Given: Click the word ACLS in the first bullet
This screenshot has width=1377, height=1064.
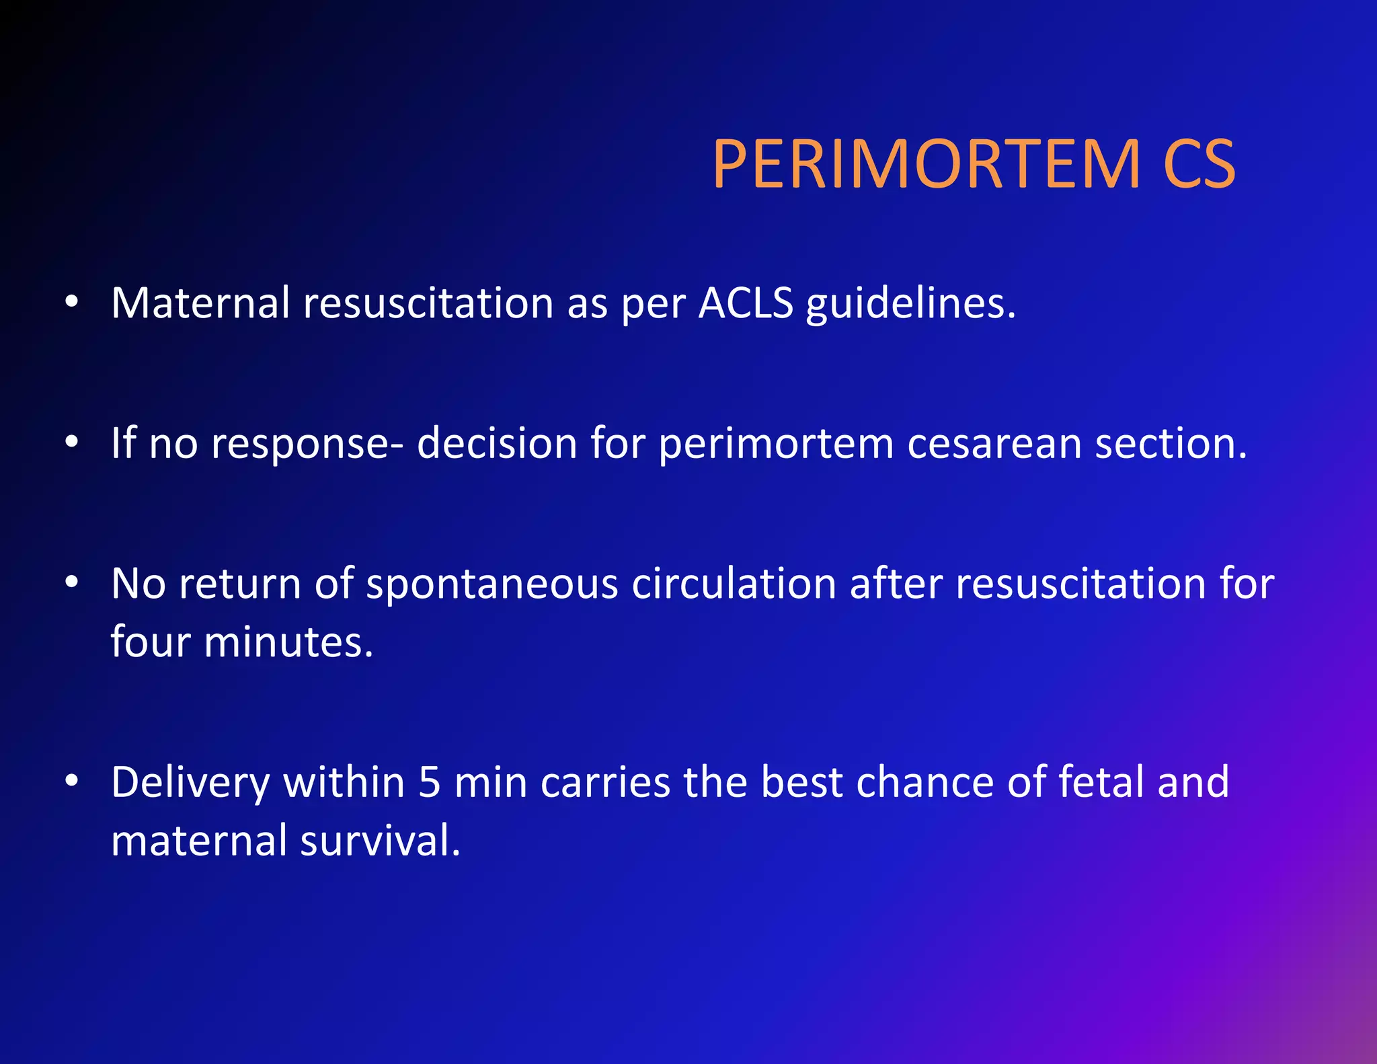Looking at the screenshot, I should (x=746, y=303).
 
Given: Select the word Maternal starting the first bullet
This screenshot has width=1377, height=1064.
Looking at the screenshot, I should (x=200, y=303).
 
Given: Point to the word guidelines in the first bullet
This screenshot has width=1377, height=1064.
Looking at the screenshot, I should (x=909, y=305).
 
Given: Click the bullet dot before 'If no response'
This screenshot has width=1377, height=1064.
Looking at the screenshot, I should (x=72, y=442).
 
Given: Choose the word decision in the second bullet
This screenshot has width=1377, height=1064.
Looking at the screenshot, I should (x=497, y=444).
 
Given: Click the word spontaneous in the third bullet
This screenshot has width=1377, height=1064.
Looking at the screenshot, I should (x=491, y=584).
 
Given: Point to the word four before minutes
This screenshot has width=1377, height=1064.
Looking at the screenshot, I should (x=150, y=642).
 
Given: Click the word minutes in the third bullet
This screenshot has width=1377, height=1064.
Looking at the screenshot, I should (x=287, y=642).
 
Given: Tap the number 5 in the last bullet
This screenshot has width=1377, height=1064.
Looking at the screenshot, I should (x=429, y=782).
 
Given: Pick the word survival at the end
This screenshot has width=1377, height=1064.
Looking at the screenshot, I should (x=380, y=841).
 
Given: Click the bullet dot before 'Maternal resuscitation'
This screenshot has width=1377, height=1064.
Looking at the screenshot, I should (x=72, y=302).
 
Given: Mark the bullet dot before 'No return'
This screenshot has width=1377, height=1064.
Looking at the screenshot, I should (x=72, y=582).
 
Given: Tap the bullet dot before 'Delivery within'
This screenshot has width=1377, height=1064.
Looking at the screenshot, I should (x=72, y=781).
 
